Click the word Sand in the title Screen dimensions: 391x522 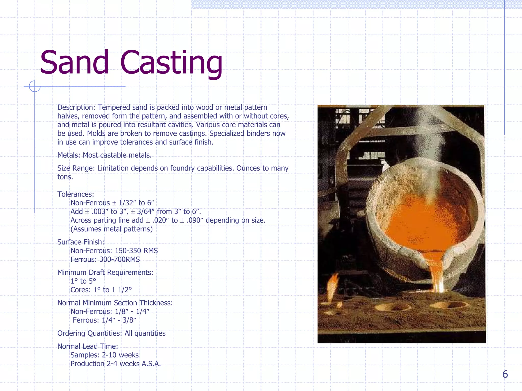[x=74, y=62]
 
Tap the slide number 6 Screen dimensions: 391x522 [x=505, y=374]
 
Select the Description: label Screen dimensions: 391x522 [x=76, y=107]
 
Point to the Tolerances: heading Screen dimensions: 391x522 [x=76, y=194]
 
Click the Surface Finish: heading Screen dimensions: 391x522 [x=81, y=242]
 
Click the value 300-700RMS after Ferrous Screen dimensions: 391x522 [x=120, y=259]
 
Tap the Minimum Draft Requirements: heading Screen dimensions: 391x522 [x=105, y=272]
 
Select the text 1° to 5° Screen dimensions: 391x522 [x=83, y=281]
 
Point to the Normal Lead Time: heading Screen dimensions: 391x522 [x=88, y=346]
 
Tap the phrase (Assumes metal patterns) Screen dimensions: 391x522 [x=112, y=229]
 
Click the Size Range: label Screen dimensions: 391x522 [x=76, y=168]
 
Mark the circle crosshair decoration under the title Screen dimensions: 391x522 [x=35, y=86]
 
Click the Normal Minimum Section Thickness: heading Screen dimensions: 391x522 [x=115, y=303]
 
